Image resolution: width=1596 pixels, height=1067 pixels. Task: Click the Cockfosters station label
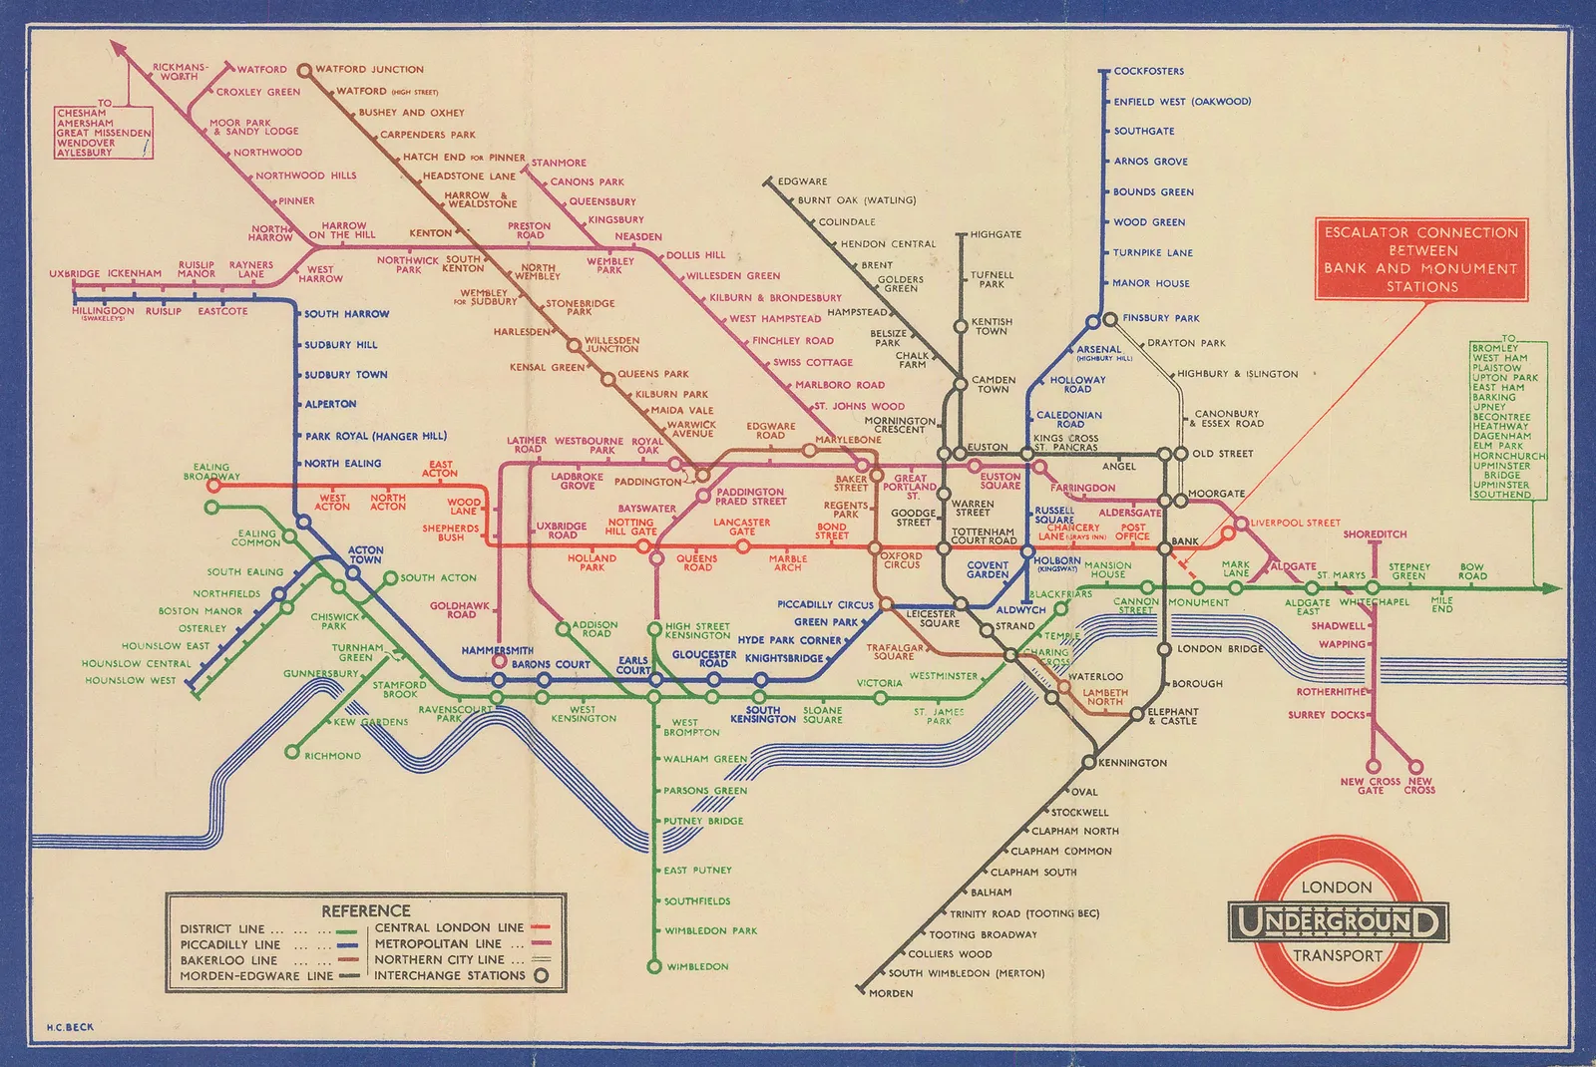(x=1148, y=72)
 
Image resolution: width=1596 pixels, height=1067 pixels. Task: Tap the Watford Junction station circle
(x=303, y=70)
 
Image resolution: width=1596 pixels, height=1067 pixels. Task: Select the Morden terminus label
(x=890, y=993)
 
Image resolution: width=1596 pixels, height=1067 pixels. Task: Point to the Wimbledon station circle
(x=654, y=966)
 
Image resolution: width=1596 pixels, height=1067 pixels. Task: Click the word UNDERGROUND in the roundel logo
(x=1337, y=921)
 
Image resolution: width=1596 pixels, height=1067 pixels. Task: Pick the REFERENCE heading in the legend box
(x=365, y=910)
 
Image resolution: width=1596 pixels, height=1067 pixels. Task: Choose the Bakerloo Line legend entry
(x=228, y=960)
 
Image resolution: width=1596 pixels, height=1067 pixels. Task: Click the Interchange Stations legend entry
(x=449, y=975)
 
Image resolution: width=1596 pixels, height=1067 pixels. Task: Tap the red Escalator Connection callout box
(x=1420, y=259)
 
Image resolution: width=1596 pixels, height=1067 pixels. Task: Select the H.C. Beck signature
(x=70, y=1027)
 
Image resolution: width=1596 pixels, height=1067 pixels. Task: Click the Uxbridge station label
(x=75, y=274)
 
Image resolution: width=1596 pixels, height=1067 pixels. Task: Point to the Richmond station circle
(x=292, y=752)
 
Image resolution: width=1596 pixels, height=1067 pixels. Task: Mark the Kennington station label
(x=1132, y=763)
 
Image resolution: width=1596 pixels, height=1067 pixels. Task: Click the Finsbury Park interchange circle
(x=1109, y=319)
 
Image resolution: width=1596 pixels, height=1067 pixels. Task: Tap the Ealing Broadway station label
(x=211, y=472)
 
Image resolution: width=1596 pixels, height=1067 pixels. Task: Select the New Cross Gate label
(x=1370, y=786)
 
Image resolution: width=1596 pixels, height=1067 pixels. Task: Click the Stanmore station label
(x=559, y=163)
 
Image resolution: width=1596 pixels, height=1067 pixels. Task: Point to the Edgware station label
(x=802, y=181)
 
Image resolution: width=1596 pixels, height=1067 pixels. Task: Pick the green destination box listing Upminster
(x=1508, y=421)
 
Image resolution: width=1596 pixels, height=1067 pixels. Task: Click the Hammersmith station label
(x=497, y=650)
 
